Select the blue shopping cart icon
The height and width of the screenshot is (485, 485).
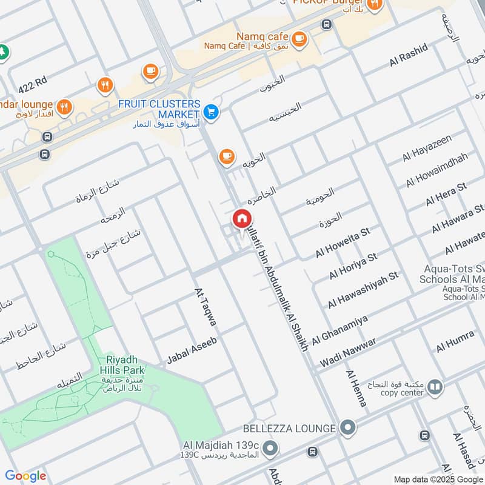[211, 111]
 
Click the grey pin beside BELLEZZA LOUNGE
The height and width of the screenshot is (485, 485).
[347, 428]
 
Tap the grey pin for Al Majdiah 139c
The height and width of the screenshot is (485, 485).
[270, 449]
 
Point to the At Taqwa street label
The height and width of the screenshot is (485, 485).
[205, 309]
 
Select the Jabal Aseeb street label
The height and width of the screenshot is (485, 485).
[192, 351]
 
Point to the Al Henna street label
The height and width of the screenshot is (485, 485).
[356, 389]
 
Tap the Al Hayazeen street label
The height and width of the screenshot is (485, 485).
[427, 149]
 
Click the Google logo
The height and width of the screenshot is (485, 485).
[25, 476]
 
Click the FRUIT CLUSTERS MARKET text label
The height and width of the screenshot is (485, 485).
[159, 109]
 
